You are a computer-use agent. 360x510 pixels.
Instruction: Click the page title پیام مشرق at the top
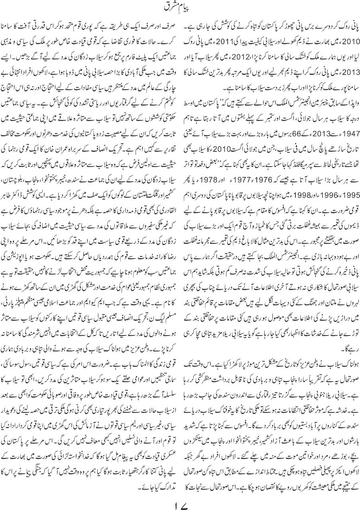pyautogui.click(x=180, y=8)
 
